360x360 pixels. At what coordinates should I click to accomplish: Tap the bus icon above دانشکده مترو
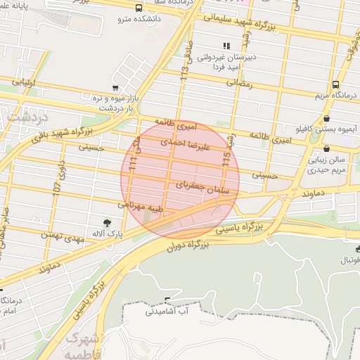[139, 8]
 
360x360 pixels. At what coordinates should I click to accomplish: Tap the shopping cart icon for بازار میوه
[114, 89]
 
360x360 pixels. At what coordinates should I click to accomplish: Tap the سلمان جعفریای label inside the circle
[192, 185]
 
